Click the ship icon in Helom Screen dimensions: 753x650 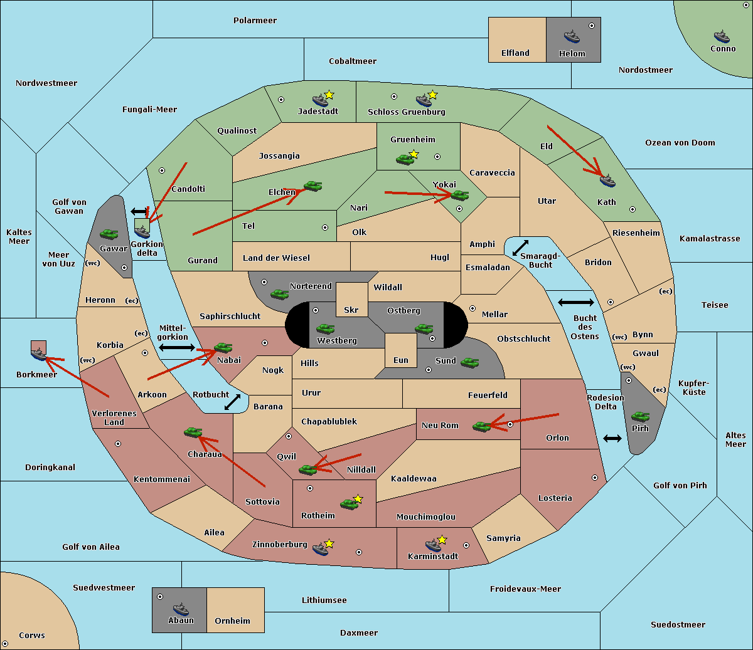point(572,36)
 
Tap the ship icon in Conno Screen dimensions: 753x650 point(721,36)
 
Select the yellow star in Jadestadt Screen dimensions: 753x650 point(329,95)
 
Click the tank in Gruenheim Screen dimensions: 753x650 point(405,159)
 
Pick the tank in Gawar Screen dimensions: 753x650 point(109,234)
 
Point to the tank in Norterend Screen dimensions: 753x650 point(279,294)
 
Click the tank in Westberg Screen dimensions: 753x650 point(325,328)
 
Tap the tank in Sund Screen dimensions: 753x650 point(469,362)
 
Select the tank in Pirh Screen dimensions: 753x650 point(640,416)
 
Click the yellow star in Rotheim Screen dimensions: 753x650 point(358,498)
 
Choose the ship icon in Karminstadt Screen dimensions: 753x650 point(433,545)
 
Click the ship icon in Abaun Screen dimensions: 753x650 point(181,609)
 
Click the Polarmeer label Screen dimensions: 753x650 point(255,21)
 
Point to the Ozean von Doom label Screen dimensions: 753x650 point(680,143)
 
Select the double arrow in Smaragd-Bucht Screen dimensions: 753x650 point(520,248)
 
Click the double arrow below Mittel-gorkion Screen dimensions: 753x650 point(177,348)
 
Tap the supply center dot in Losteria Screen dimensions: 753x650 point(594,478)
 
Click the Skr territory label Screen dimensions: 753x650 point(351,310)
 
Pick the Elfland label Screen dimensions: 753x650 point(515,53)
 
